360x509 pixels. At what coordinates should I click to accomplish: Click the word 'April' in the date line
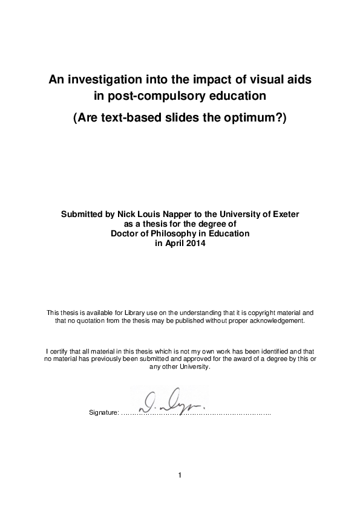(173, 243)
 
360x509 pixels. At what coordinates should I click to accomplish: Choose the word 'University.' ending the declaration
(195, 367)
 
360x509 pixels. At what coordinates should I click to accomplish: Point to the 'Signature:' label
(103, 413)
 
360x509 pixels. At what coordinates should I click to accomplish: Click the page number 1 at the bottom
(180, 475)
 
